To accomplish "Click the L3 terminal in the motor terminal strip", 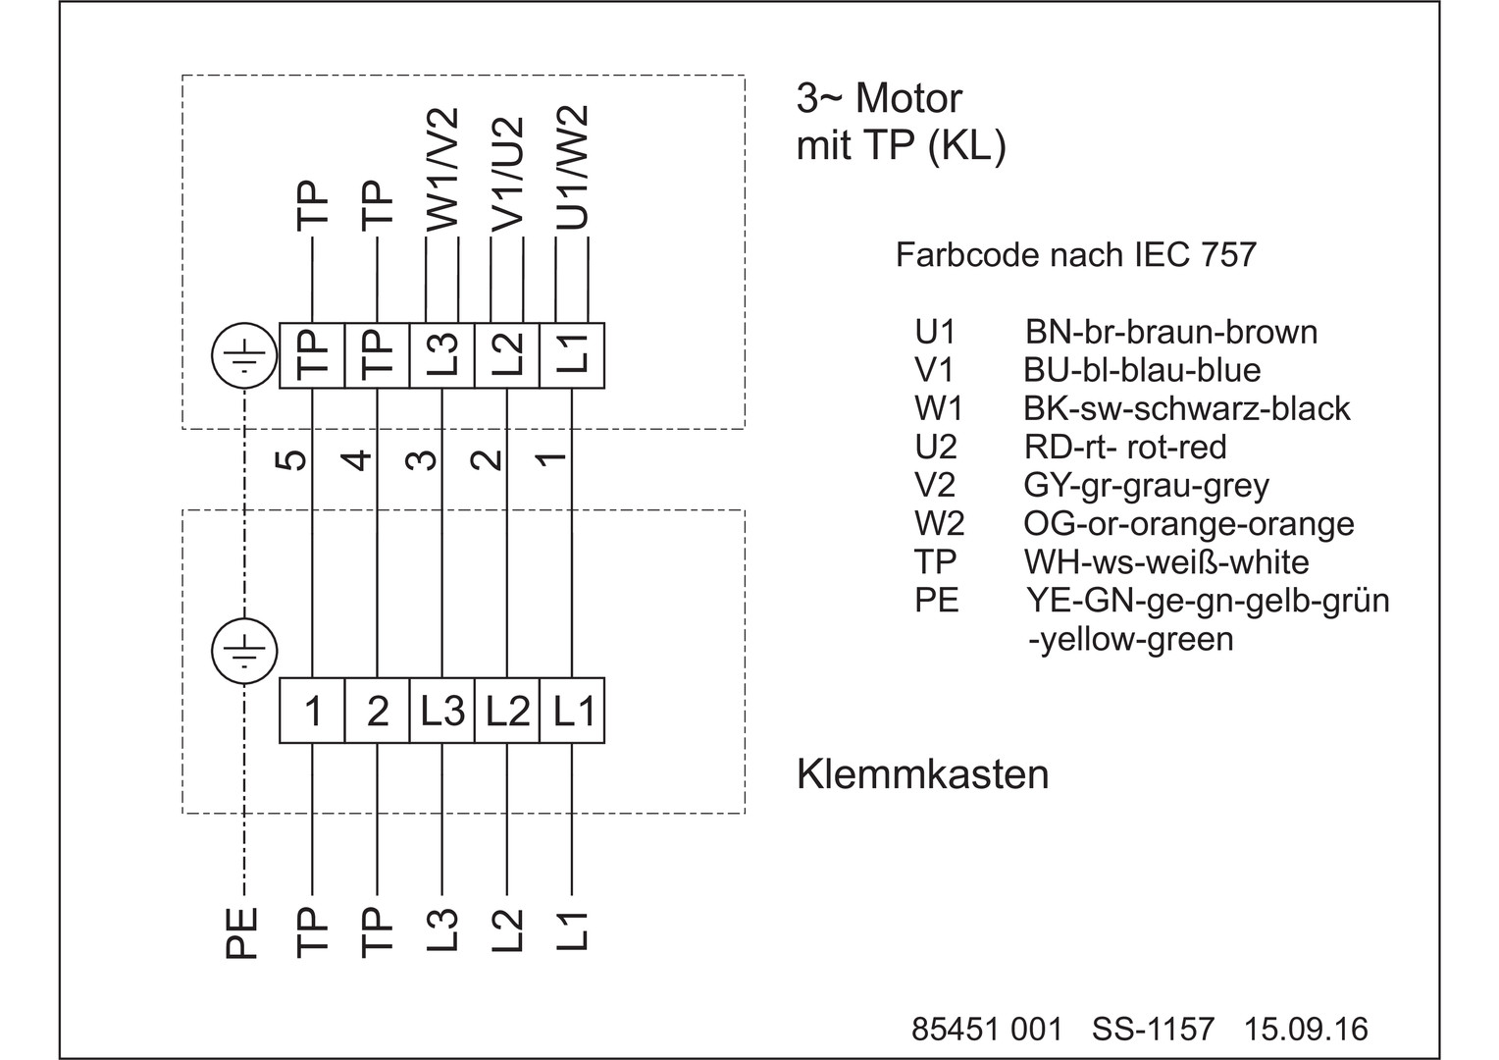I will (x=442, y=355).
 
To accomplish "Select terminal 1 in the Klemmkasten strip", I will (x=313, y=711).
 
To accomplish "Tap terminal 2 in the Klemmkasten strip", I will (x=378, y=711).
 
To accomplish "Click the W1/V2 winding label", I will (x=442, y=170).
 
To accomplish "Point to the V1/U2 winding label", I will (x=508, y=175).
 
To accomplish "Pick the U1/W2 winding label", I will (x=573, y=168).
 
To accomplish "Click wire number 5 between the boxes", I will (x=295, y=458).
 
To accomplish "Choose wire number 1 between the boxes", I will (x=554, y=458).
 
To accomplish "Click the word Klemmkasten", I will (x=922, y=774).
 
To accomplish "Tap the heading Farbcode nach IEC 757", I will (x=1075, y=255).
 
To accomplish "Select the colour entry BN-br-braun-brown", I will (x=1170, y=332).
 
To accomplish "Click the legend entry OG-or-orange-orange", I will (x=1188, y=524).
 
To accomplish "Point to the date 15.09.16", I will (x=1306, y=1029).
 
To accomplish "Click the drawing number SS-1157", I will (x=1153, y=1029).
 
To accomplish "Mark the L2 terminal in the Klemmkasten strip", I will (x=507, y=711).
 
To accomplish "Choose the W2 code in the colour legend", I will (x=939, y=524).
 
